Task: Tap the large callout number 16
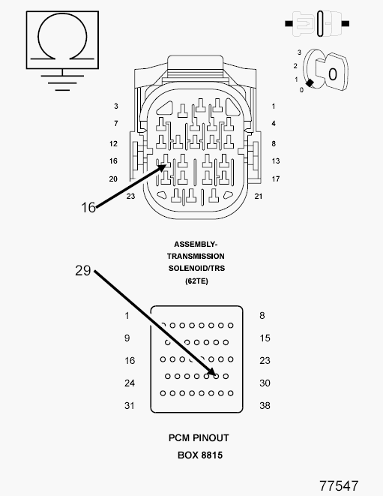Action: (x=88, y=208)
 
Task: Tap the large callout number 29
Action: (x=82, y=270)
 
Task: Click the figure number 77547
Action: (x=339, y=485)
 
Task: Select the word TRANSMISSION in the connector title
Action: (x=196, y=256)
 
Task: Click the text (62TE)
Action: (x=196, y=281)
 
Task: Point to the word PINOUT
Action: (x=211, y=438)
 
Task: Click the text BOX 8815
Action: (x=200, y=455)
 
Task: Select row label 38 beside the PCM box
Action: (x=265, y=405)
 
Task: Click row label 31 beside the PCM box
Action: (x=130, y=405)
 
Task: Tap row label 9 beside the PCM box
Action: (x=127, y=338)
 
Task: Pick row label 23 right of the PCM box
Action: (x=265, y=361)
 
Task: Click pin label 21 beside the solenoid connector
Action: (x=259, y=197)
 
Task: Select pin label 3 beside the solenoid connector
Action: (x=116, y=107)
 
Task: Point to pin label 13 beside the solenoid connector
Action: (x=276, y=161)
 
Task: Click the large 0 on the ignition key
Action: (x=333, y=74)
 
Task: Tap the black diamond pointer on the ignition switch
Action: (x=310, y=83)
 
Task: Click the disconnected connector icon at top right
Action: (x=317, y=23)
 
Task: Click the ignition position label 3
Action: (x=299, y=53)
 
